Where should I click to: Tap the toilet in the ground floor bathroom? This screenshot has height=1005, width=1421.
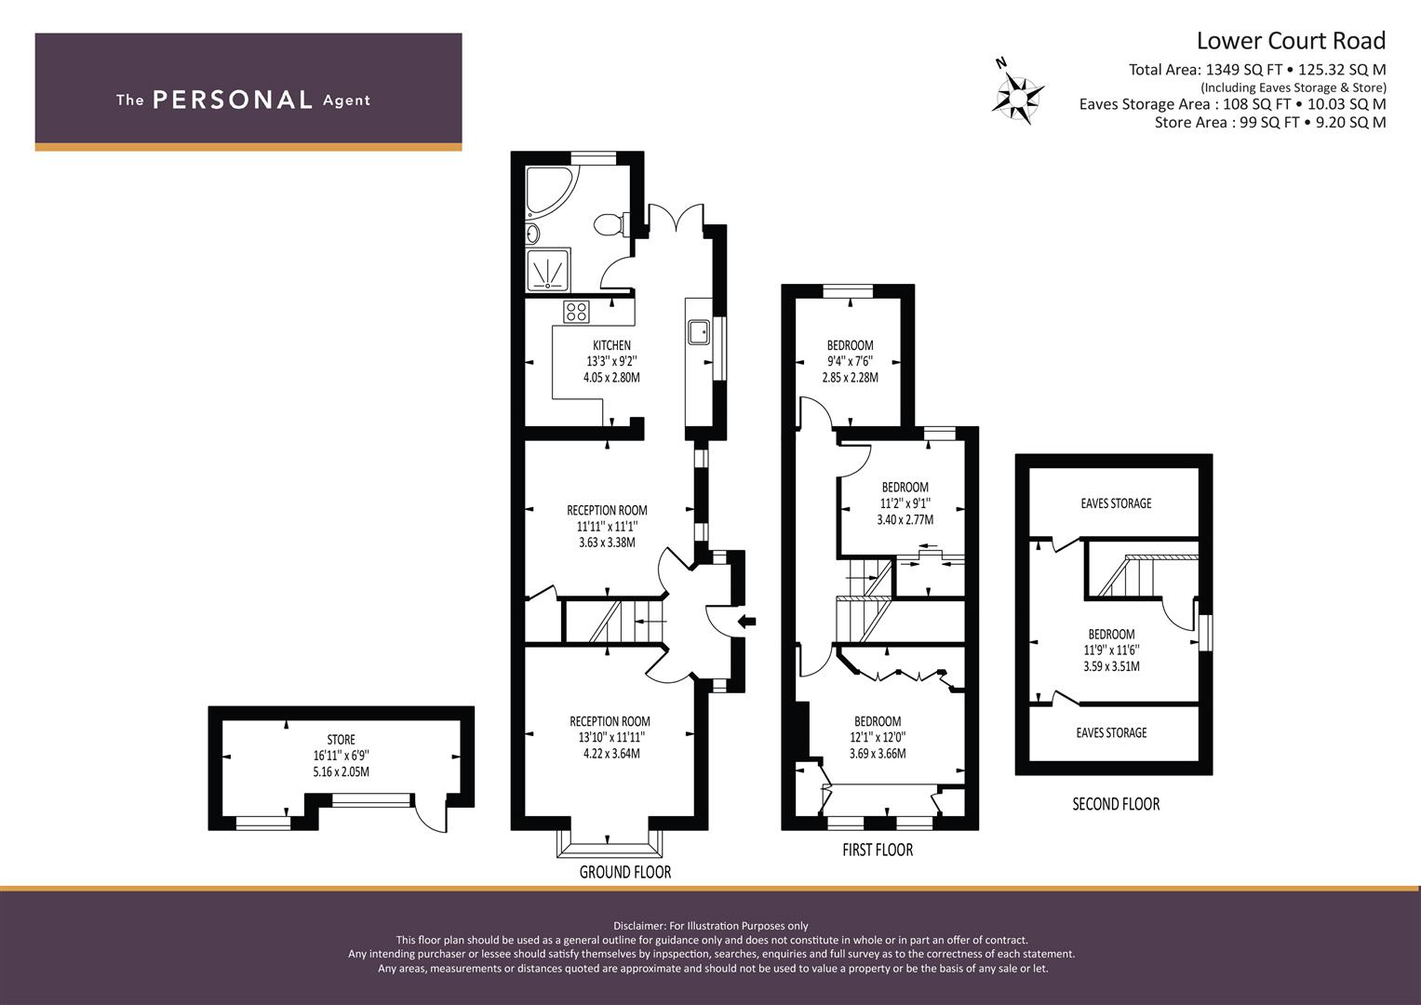(611, 223)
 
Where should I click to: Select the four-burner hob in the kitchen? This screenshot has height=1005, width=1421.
(576, 312)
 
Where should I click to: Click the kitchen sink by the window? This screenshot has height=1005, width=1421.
(699, 332)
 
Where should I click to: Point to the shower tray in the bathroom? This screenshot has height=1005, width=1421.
(548, 270)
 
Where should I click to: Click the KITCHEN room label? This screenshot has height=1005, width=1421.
(611, 345)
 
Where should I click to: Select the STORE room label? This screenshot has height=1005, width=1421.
(341, 739)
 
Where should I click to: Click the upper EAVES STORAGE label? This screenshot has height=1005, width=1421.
(1116, 503)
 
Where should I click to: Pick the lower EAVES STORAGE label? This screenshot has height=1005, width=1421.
(1111, 733)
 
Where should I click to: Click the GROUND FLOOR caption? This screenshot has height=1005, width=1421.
(624, 873)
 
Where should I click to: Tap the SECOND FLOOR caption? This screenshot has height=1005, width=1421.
(1116, 805)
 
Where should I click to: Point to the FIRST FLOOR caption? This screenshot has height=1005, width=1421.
(878, 851)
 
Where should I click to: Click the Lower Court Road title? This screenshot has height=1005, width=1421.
(1291, 41)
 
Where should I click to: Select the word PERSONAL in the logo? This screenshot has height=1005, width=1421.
(233, 100)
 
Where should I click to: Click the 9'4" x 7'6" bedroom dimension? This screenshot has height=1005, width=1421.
(850, 362)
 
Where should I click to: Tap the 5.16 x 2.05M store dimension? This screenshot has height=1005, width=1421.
(341, 772)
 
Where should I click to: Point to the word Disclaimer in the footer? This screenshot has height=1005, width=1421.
(638, 926)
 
